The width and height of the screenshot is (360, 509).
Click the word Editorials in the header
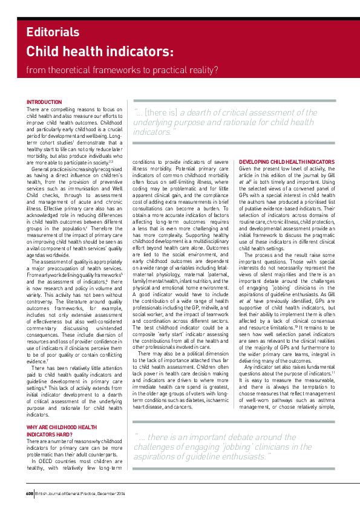tap(53, 33)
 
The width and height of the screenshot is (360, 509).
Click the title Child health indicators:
tap(100, 51)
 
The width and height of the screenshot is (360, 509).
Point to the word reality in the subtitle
tap(196, 71)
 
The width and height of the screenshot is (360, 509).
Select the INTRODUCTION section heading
tap(44, 102)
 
